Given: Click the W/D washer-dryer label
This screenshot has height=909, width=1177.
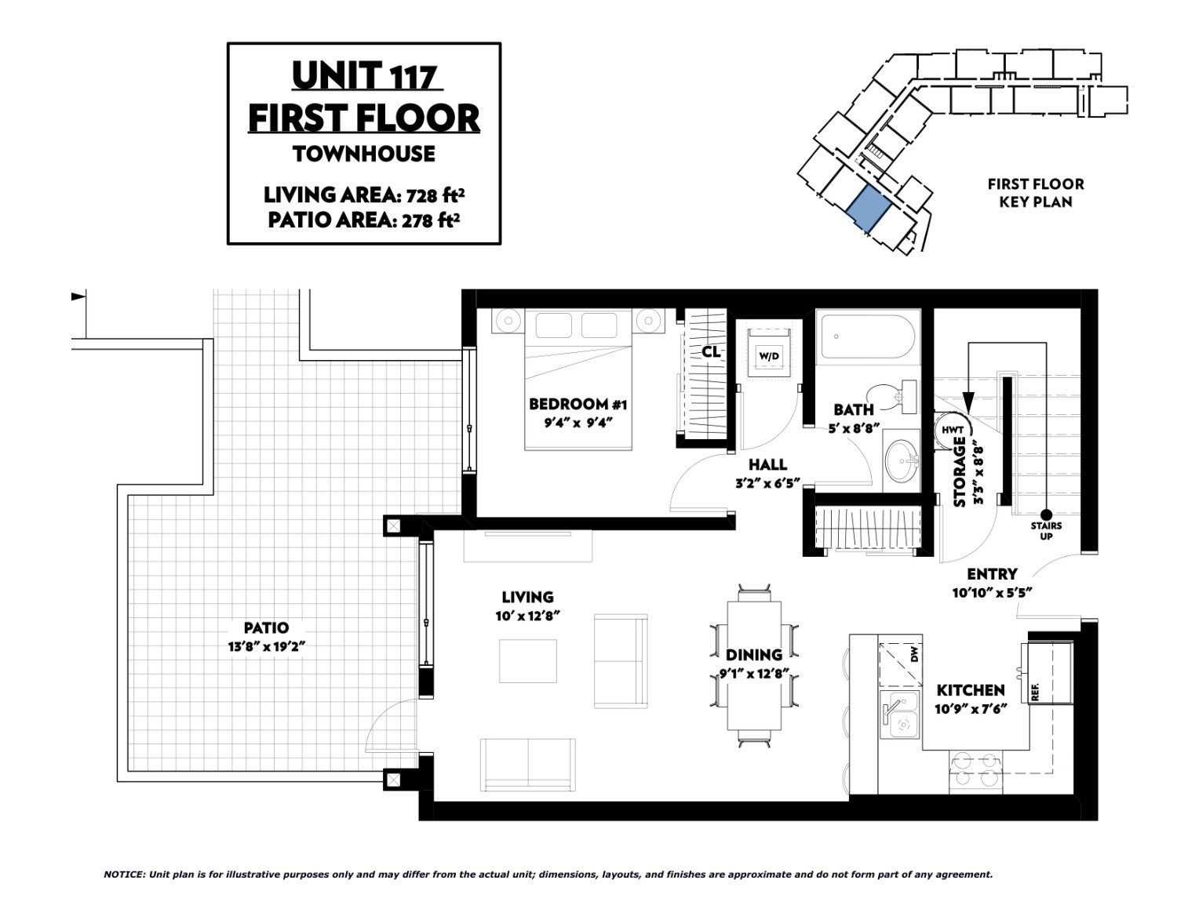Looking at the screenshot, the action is tap(769, 356).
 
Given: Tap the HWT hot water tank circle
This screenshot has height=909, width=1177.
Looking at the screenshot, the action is tap(953, 430).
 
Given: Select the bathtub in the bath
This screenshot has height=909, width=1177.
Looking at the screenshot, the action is tap(868, 336).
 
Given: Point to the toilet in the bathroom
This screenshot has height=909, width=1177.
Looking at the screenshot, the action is tap(891, 396).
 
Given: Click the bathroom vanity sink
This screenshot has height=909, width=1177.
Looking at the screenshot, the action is tap(901, 461).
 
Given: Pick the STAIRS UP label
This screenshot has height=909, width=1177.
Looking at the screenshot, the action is tap(1046, 530).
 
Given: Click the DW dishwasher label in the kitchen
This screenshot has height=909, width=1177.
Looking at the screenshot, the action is tap(915, 656).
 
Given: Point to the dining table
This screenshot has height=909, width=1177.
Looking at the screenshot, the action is tap(753, 665).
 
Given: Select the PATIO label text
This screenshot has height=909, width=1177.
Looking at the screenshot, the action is tap(266, 627).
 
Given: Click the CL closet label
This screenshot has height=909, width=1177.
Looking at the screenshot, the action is tap(711, 352).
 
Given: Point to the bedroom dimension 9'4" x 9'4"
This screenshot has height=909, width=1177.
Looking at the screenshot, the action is tap(578, 422).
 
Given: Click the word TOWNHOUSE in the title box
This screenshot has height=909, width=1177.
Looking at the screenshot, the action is tap(364, 155).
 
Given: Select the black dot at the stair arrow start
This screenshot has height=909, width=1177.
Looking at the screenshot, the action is tap(1046, 514).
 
